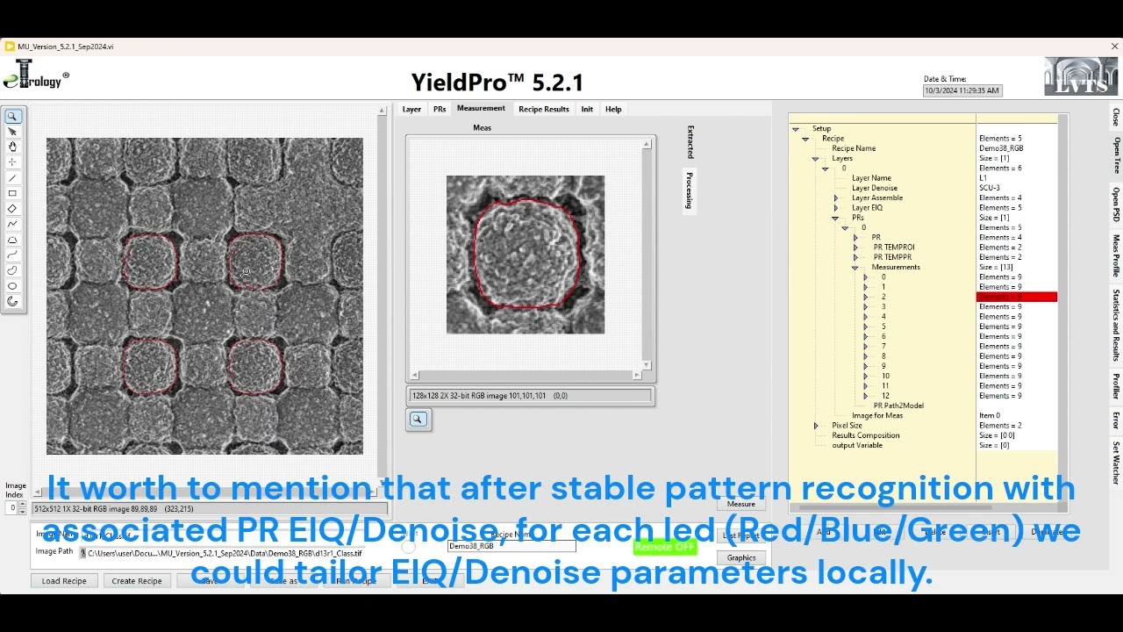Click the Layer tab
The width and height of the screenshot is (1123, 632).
click(x=411, y=110)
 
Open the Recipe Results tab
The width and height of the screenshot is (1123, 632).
click(x=543, y=110)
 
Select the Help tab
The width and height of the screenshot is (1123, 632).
click(x=613, y=110)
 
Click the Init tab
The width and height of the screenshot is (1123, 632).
click(x=587, y=110)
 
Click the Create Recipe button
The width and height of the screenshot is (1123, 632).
click(x=137, y=581)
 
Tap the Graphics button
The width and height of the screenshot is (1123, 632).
click(x=741, y=558)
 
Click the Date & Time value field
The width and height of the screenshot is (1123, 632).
click(x=962, y=90)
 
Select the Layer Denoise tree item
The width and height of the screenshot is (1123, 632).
click(x=874, y=188)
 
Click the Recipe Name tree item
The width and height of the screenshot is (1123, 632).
click(x=854, y=148)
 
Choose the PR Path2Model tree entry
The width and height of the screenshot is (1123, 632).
click(x=898, y=406)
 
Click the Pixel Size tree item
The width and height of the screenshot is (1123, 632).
click(x=847, y=426)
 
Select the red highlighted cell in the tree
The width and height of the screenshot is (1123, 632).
click(x=1016, y=297)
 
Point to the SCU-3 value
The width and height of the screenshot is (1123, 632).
click(x=989, y=188)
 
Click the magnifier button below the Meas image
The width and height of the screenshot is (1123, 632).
click(x=418, y=420)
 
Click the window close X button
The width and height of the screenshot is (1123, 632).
click(x=1114, y=47)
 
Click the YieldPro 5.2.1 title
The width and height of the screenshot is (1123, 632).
click(x=497, y=83)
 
